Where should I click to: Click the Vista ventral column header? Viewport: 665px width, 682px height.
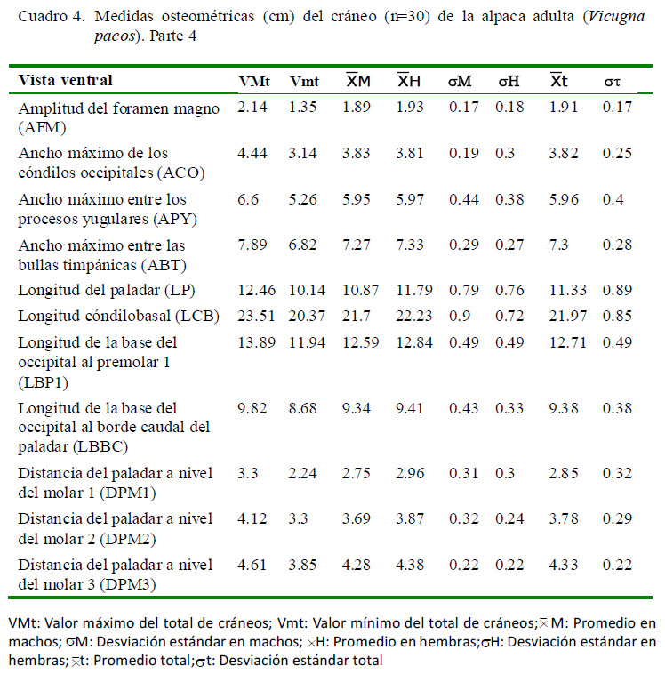click(65, 80)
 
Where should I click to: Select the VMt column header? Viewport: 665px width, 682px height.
click(254, 81)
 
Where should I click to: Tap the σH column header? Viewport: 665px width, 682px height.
click(509, 81)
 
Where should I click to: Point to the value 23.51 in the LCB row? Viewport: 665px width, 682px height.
click(256, 316)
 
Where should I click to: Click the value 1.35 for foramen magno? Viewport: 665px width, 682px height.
click(302, 107)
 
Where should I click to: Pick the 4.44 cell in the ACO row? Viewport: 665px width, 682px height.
click(252, 153)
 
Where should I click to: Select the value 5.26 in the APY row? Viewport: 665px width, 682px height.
click(302, 199)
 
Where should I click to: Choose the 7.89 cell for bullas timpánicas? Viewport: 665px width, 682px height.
click(252, 245)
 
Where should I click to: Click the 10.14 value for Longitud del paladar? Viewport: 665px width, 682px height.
click(307, 290)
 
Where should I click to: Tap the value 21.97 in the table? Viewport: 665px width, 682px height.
click(567, 316)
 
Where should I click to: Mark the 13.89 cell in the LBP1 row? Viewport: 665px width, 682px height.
click(257, 342)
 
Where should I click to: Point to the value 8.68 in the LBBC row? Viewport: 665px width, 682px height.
click(302, 408)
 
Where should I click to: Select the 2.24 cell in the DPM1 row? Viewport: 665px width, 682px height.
click(302, 473)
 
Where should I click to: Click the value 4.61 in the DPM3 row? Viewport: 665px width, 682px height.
click(252, 565)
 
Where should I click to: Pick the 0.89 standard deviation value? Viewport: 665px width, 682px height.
click(617, 290)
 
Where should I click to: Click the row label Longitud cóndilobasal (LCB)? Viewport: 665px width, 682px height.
click(119, 317)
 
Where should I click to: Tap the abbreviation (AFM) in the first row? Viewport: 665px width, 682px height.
click(42, 128)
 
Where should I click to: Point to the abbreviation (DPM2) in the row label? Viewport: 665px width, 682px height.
click(128, 540)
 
